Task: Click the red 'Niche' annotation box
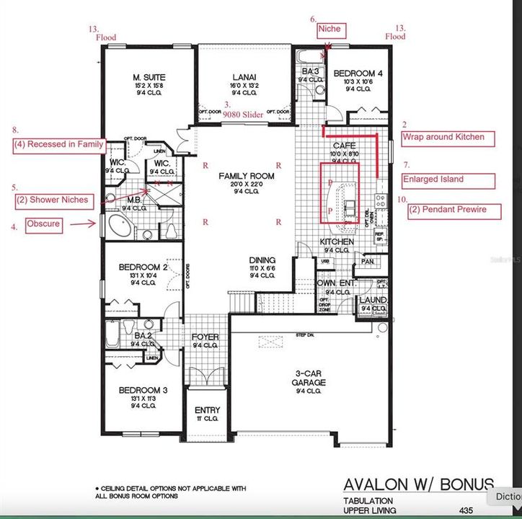330,30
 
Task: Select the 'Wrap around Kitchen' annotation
448,137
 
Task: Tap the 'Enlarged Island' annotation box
448,179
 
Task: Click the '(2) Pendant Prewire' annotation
448,210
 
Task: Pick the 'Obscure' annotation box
43,225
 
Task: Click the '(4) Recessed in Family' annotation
58,143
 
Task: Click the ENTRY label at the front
208,410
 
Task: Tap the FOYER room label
205,337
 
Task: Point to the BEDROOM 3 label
143,390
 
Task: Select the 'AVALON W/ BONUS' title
418,484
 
